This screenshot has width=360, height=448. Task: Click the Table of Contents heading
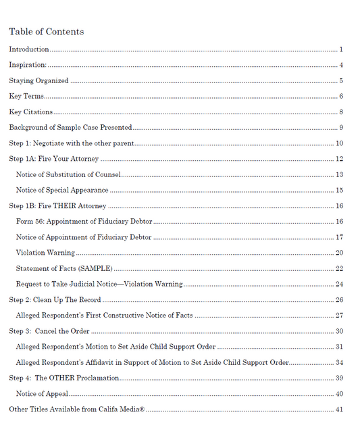pos(46,32)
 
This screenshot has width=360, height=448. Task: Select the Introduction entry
pos(29,49)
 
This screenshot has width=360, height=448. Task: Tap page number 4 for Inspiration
pos(342,65)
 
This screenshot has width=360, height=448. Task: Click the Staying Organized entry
pos(38,81)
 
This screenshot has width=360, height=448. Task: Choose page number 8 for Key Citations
pos(342,112)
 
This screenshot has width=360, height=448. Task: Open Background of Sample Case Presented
pos(70,128)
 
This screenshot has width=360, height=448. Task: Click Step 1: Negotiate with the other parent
pos(72,143)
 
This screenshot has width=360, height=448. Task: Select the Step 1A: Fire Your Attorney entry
pos(54,159)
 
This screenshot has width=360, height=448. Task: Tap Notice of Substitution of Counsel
pos(68,175)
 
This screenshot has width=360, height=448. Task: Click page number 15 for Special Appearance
pos(340,191)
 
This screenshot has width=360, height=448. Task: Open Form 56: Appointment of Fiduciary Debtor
pos(84,222)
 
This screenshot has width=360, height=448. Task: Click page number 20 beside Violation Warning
pos(340,253)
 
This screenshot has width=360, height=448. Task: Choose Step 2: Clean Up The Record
pos(55,299)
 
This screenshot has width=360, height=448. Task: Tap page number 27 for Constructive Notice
pos(340,316)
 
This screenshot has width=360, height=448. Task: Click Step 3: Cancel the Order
pos(49,331)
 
